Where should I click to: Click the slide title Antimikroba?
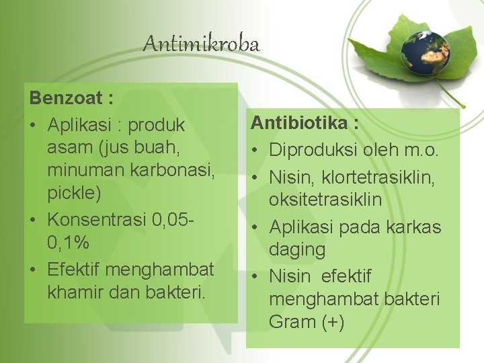pyautogui.click(x=201, y=44)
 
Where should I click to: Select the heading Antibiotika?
pyautogui.click(x=305, y=123)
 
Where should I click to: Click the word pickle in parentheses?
pyautogui.click(x=74, y=194)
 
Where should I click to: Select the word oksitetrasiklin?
pyautogui.click(x=325, y=200)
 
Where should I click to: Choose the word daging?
pyautogui.click(x=297, y=250)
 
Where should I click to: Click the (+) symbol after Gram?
pyautogui.click(x=333, y=322)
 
